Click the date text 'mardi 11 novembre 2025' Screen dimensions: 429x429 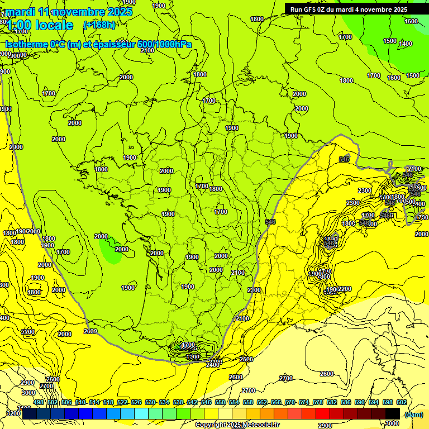(x=69, y=12)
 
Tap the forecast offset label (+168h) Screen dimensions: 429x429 (x=99, y=25)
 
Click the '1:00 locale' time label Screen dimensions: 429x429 (x=39, y=25)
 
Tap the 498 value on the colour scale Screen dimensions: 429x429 (x=39, y=402)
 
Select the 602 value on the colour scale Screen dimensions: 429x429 (x=401, y=402)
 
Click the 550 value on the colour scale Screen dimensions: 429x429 (x=220, y=402)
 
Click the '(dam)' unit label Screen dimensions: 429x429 (x=413, y=414)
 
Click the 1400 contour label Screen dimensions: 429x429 (x=406, y=44)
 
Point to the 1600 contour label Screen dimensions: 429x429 (x=394, y=78)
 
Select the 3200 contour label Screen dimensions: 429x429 (x=11, y=414)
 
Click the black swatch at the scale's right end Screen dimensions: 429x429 (x=393, y=413)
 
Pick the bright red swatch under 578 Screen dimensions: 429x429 (x=322, y=413)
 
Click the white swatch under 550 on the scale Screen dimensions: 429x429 (x=226, y=413)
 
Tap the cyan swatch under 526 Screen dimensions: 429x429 (x=141, y=413)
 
